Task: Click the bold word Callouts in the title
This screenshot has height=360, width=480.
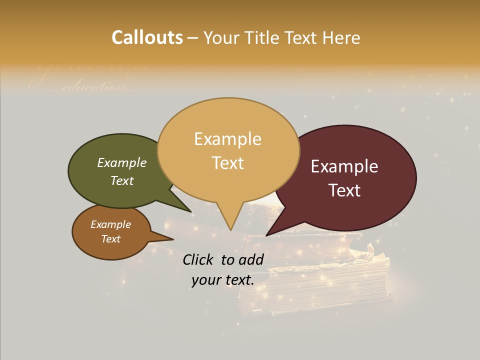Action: pos(147,37)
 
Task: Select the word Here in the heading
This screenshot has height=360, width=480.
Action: pos(342,37)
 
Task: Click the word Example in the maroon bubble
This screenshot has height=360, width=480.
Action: pos(344,166)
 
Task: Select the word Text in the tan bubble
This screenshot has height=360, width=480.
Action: pos(228,163)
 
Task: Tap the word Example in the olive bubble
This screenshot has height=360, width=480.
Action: pos(122,163)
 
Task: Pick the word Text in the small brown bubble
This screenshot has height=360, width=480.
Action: pos(111,239)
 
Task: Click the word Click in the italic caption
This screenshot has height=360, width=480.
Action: pos(199,259)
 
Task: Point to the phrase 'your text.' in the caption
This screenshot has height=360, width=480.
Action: pos(223,280)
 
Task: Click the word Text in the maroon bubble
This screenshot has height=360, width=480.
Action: pos(344,190)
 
